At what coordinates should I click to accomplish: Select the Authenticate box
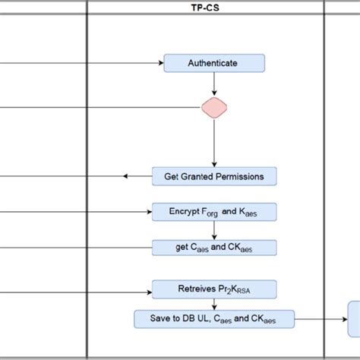[214, 63]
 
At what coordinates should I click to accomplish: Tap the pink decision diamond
[214, 107]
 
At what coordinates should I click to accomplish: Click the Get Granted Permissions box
[214, 177]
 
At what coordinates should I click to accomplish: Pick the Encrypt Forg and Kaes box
[214, 212]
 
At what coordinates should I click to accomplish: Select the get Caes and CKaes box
[214, 248]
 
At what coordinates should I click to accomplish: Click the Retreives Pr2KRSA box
[214, 289]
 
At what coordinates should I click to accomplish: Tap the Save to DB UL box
[214, 319]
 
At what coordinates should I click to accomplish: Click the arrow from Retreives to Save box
[214, 304]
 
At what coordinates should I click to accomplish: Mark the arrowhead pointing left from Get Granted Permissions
[127, 177]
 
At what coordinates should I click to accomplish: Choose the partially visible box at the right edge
[354, 315]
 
